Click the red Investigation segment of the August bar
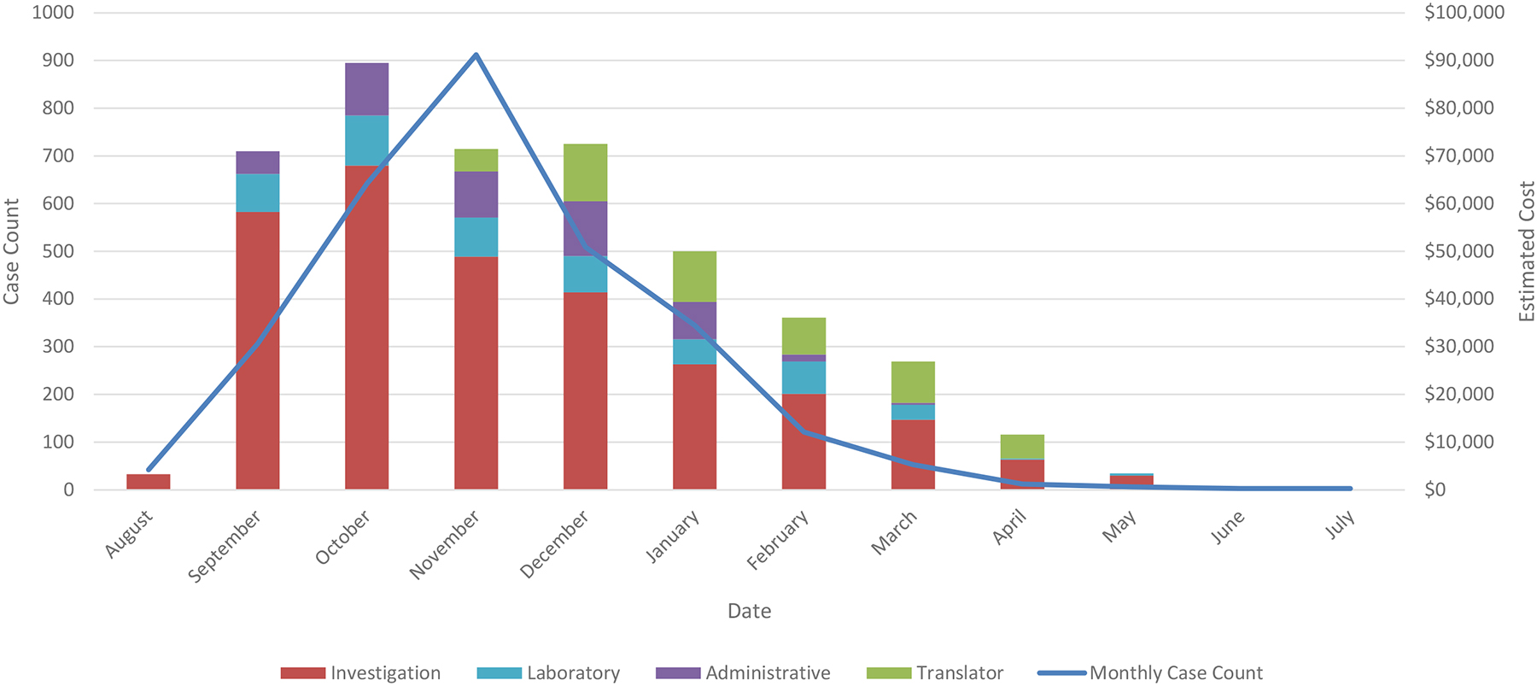tap(149, 481)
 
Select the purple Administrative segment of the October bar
tap(366, 89)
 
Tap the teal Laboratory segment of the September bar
tap(257, 192)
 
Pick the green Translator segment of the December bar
tap(585, 173)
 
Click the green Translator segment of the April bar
tap(1022, 447)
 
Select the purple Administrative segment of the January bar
tap(694, 320)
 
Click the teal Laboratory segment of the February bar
tap(804, 378)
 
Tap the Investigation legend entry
tap(361, 673)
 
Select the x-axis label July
tap(1341, 525)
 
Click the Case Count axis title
tap(12, 251)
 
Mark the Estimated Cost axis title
tap(1527, 251)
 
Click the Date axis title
tap(749, 611)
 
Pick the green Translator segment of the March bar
tap(913, 382)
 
